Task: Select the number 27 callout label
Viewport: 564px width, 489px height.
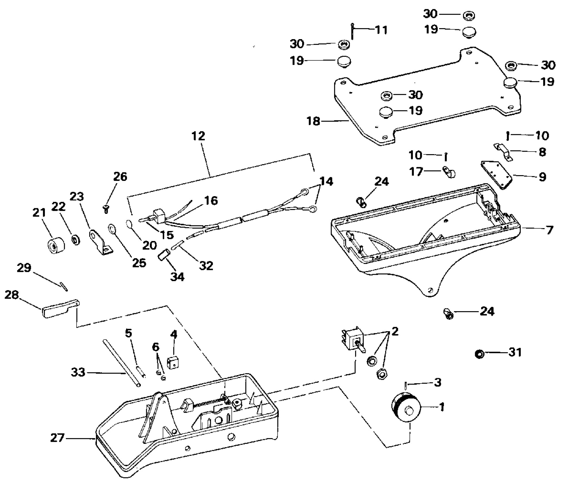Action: pos(57,438)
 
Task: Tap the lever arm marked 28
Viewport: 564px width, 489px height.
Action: pos(59,309)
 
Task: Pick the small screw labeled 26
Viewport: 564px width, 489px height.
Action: pos(106,209)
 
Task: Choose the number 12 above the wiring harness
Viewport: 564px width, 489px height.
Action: pos(198,136)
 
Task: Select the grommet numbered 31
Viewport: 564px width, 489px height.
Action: pos(479,354)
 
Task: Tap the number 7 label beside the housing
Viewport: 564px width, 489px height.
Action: pos(549,230)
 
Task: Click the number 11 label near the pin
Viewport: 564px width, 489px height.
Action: pos(382,30)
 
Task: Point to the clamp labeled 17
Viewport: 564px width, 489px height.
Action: pos(449,172)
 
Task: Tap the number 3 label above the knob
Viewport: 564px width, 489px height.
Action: pos(437,382)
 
